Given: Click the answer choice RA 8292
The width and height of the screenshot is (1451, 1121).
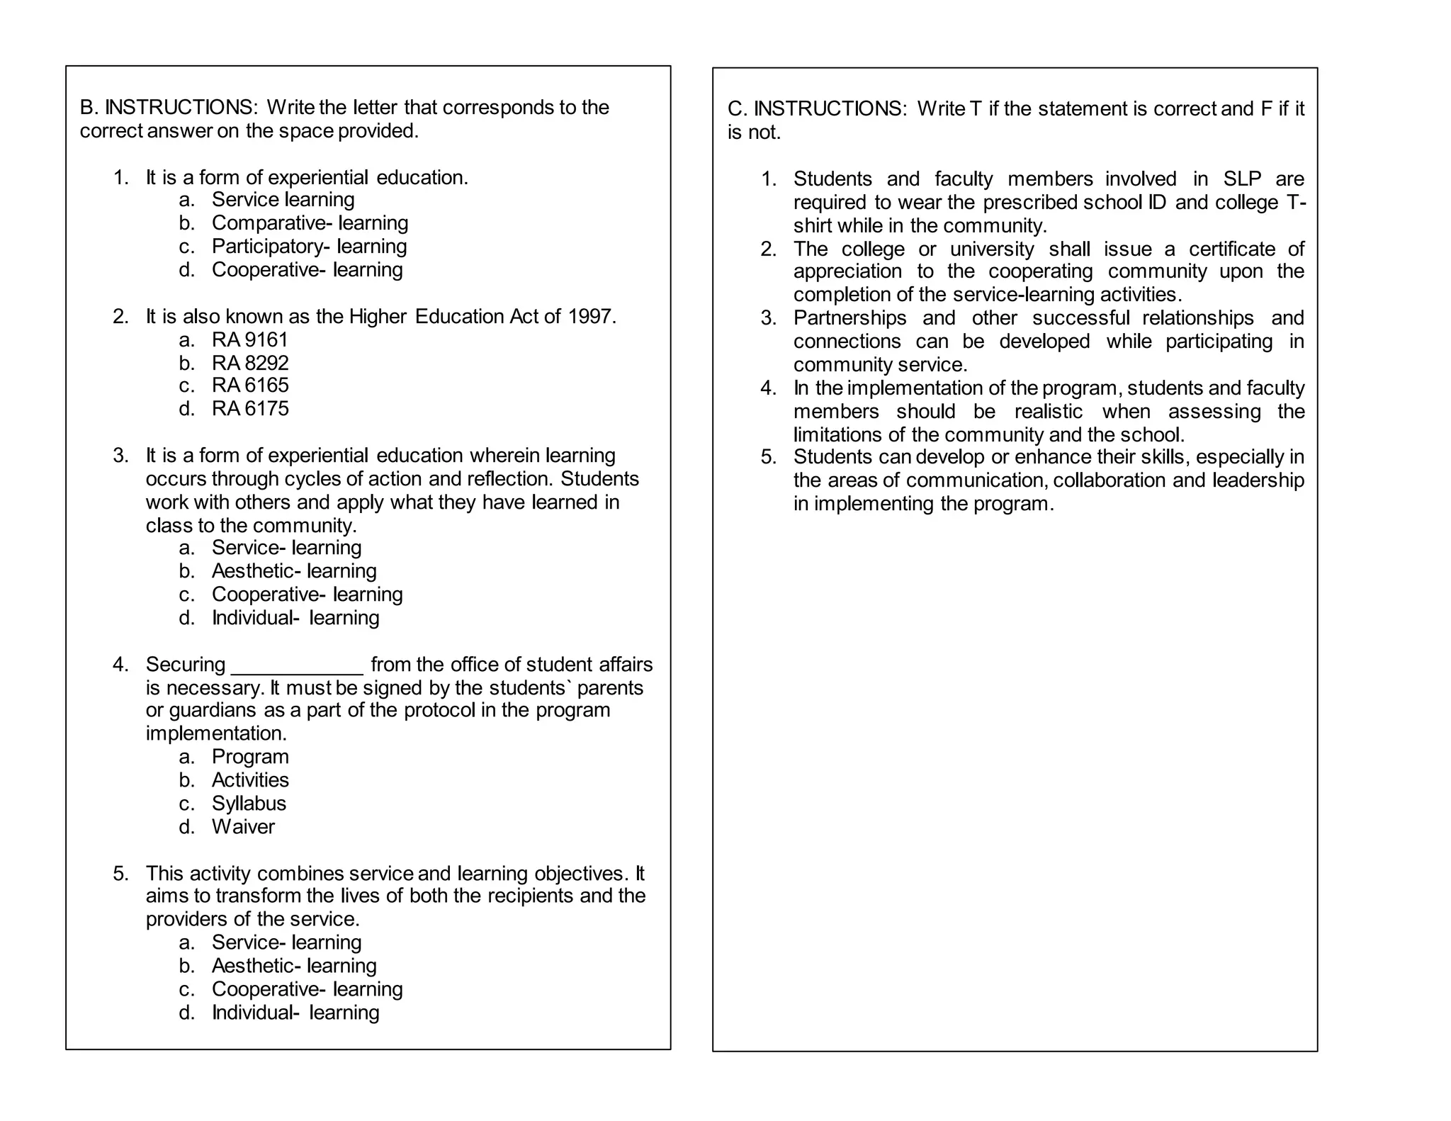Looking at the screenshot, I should [x=249, y=363].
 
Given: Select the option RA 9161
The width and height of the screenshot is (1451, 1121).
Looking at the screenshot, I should [x=249, y=339].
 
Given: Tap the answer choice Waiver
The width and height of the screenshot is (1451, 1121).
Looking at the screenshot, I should [x=243, y=826].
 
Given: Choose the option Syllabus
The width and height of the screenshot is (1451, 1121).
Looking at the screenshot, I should [x=249, y=803].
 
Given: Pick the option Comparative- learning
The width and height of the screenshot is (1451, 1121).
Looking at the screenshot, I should [x=310, y=222].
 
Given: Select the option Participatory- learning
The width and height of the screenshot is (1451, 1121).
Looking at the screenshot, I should [x=309, y=246].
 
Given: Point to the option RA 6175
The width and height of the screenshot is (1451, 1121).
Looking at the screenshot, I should [x=249, y=408].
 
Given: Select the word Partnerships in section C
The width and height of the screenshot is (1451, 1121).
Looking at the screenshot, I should [x=849, y=317].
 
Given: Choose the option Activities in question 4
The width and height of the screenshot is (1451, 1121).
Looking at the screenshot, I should [x=250, y=779].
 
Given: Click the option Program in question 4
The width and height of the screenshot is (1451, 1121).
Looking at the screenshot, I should [x=250, y=756].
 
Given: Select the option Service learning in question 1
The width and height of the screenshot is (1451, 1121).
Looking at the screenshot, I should [x=283, y=199].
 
